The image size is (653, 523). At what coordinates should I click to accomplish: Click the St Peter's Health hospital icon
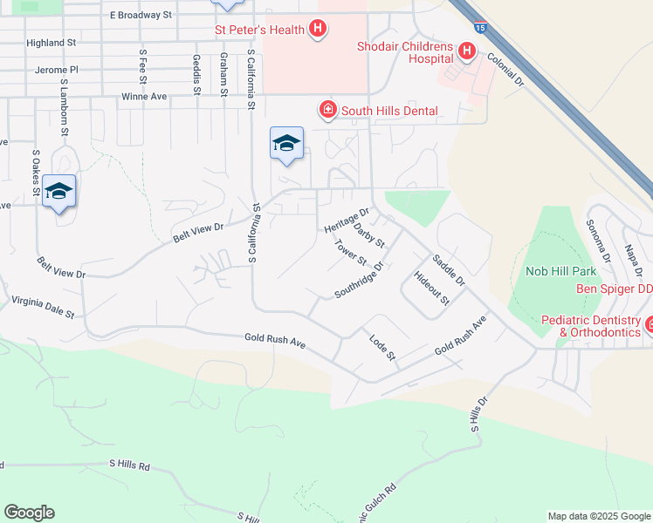tap(318, 30)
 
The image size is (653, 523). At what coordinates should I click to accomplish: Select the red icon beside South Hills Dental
tap(328, 110)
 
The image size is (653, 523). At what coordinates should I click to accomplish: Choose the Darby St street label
tap(370, 235)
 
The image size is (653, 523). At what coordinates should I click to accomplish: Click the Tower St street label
tap(351, 254)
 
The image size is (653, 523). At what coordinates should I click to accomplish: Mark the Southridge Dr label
tap(359, 280)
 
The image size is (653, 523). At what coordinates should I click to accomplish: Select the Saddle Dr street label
tap(449, 270)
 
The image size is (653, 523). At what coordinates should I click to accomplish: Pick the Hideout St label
tap(431, 289)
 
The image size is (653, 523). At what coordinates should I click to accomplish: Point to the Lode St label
tap(383, 348)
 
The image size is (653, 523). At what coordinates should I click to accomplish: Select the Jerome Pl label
tap(57, 69)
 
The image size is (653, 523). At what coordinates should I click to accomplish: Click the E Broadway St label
tap(141, 16)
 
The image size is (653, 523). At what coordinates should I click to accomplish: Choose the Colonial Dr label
tap(505, 70)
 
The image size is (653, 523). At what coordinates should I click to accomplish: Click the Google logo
tap(29, 513)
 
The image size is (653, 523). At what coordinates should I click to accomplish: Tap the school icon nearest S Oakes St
tap(58, 191)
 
